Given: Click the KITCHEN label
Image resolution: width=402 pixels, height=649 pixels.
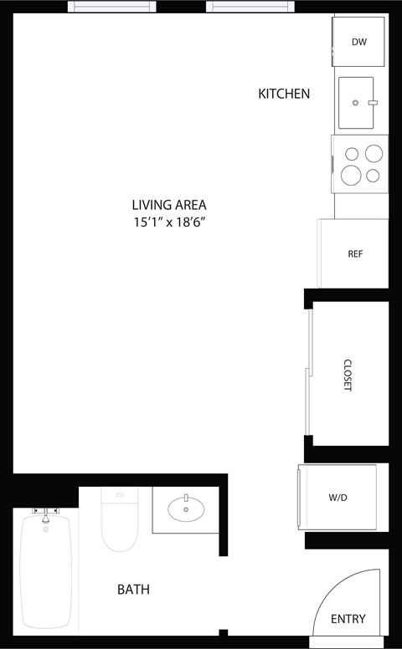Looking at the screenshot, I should pyautogui.click(x=284, y=94).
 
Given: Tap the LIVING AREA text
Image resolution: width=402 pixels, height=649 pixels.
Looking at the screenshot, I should pyautogui.click(x=168, y=204).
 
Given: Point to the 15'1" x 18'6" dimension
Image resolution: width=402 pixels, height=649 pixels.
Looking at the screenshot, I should pyautogui.click(x=168, y=222).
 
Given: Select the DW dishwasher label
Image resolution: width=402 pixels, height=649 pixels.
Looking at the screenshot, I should pyautogui.click(x=359, y=42).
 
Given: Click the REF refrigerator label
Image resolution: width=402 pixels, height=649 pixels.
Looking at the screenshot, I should pyautogui.click(x=355, y=253).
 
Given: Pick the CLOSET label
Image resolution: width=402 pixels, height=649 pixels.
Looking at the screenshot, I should pyautogui.click(x=348, y=376).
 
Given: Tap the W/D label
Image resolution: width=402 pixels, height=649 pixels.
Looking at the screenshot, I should pyautogui.click(x=338, y=498).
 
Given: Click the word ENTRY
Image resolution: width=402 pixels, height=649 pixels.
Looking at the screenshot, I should pyautogui.click(x=348, y=619).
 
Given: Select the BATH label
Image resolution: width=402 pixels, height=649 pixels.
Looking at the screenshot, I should pyautogui.click(x=133, y=590).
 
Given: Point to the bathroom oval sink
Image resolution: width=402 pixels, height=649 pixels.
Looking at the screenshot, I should pyautogui.click(x=185, y=508).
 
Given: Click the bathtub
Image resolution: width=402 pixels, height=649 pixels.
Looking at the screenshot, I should pyautogui.click(x=46, y=573).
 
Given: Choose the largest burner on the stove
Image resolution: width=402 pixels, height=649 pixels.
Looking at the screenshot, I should pyautogui.click(x=352, y=174).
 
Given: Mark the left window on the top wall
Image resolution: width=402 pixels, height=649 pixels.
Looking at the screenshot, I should pyautogui.click(x=112, y=7).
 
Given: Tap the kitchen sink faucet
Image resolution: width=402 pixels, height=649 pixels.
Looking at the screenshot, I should pyautogui.click(x=373, y=102).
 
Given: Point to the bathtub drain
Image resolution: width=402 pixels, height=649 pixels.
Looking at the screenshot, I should pyautogui.click(x=45, y=529).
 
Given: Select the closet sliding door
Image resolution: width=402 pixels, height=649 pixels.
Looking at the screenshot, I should pyautogui.click(x=309, y=372).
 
